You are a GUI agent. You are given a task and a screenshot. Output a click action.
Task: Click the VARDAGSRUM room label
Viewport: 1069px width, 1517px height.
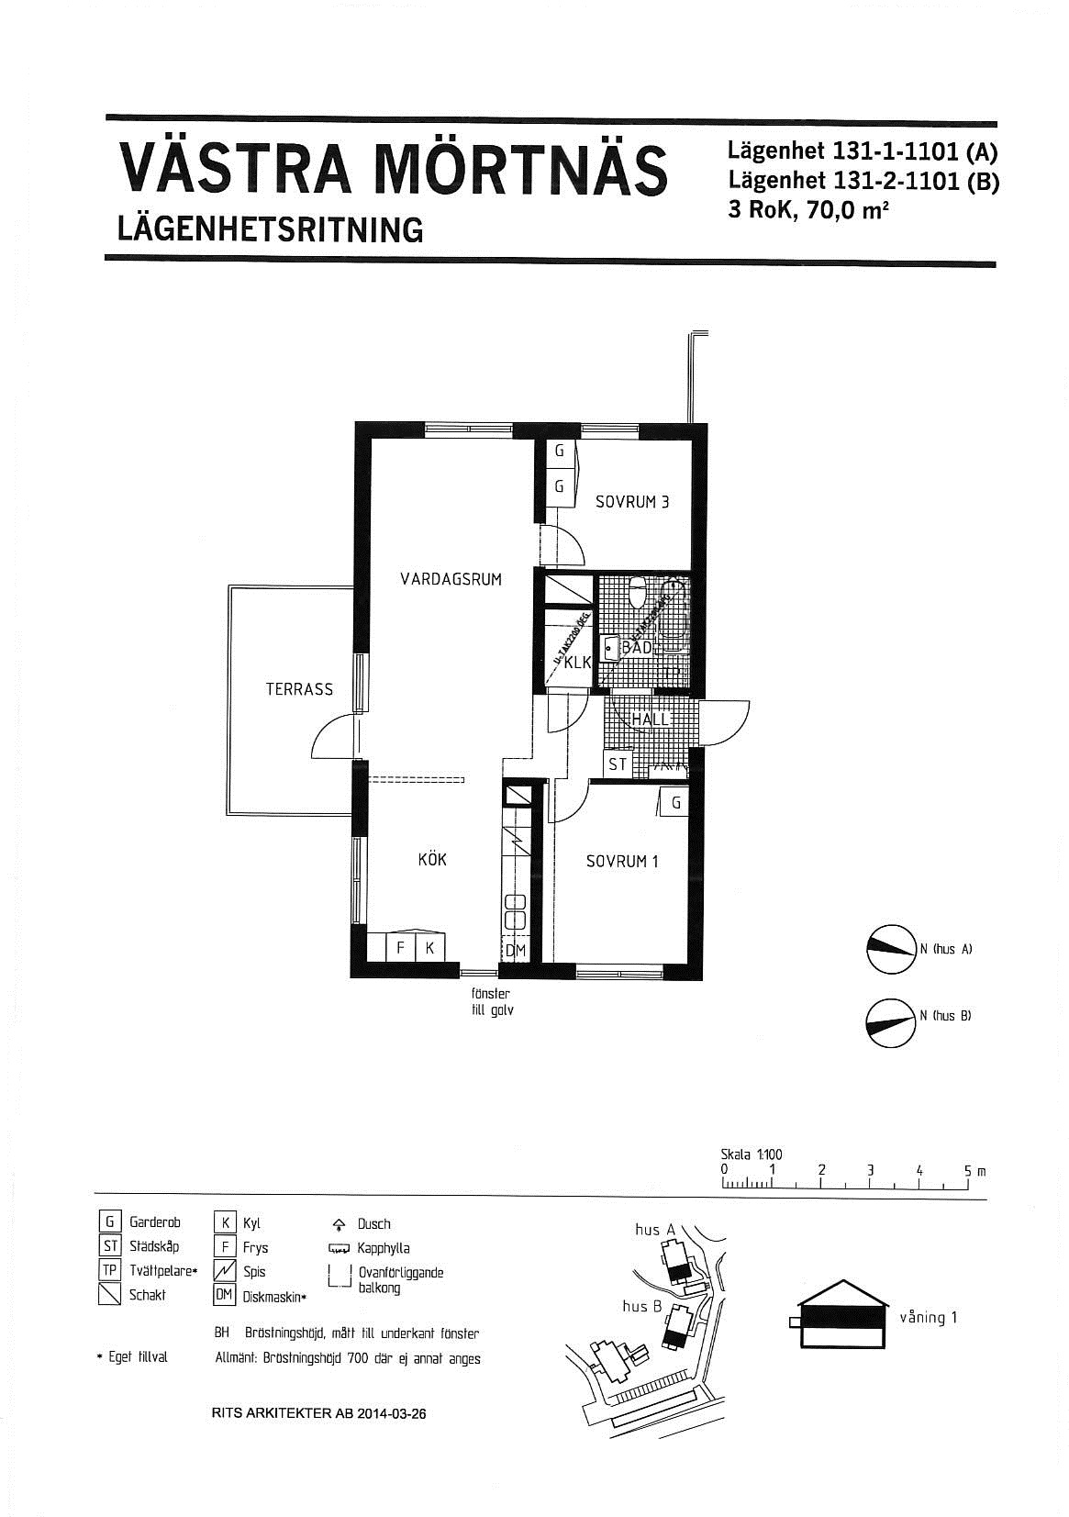point(451,579)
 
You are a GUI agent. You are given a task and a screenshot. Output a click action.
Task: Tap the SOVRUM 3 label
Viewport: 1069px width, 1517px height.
point(632,502)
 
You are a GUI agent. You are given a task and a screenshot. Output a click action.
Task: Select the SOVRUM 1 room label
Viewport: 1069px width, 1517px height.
point(622,862)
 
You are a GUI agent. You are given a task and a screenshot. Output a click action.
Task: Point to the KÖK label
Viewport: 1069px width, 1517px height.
point(432,860)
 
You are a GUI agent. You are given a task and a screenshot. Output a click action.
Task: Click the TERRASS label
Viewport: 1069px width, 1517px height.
point(299,689)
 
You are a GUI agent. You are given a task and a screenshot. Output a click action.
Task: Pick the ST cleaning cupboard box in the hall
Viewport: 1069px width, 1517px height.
point(618,764)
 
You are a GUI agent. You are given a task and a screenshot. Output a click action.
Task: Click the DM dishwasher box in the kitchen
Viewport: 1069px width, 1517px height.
point(516,951)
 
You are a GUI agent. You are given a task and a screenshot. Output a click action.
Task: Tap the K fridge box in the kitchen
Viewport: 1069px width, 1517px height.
point(429,948)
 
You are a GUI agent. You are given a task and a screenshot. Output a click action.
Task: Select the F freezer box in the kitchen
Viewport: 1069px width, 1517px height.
point(400,948)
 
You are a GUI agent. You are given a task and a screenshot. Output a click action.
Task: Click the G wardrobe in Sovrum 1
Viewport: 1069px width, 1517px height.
point(676,803)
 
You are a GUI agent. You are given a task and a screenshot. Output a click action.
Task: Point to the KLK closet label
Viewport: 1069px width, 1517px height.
point(576,663)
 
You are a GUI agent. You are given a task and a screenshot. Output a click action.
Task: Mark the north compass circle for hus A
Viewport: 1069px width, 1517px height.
point(891,949)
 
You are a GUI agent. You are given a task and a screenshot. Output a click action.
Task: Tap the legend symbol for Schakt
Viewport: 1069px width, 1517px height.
point(109,1295)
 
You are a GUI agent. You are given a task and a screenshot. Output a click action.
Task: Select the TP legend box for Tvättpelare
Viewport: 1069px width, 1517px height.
point(109,1271)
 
